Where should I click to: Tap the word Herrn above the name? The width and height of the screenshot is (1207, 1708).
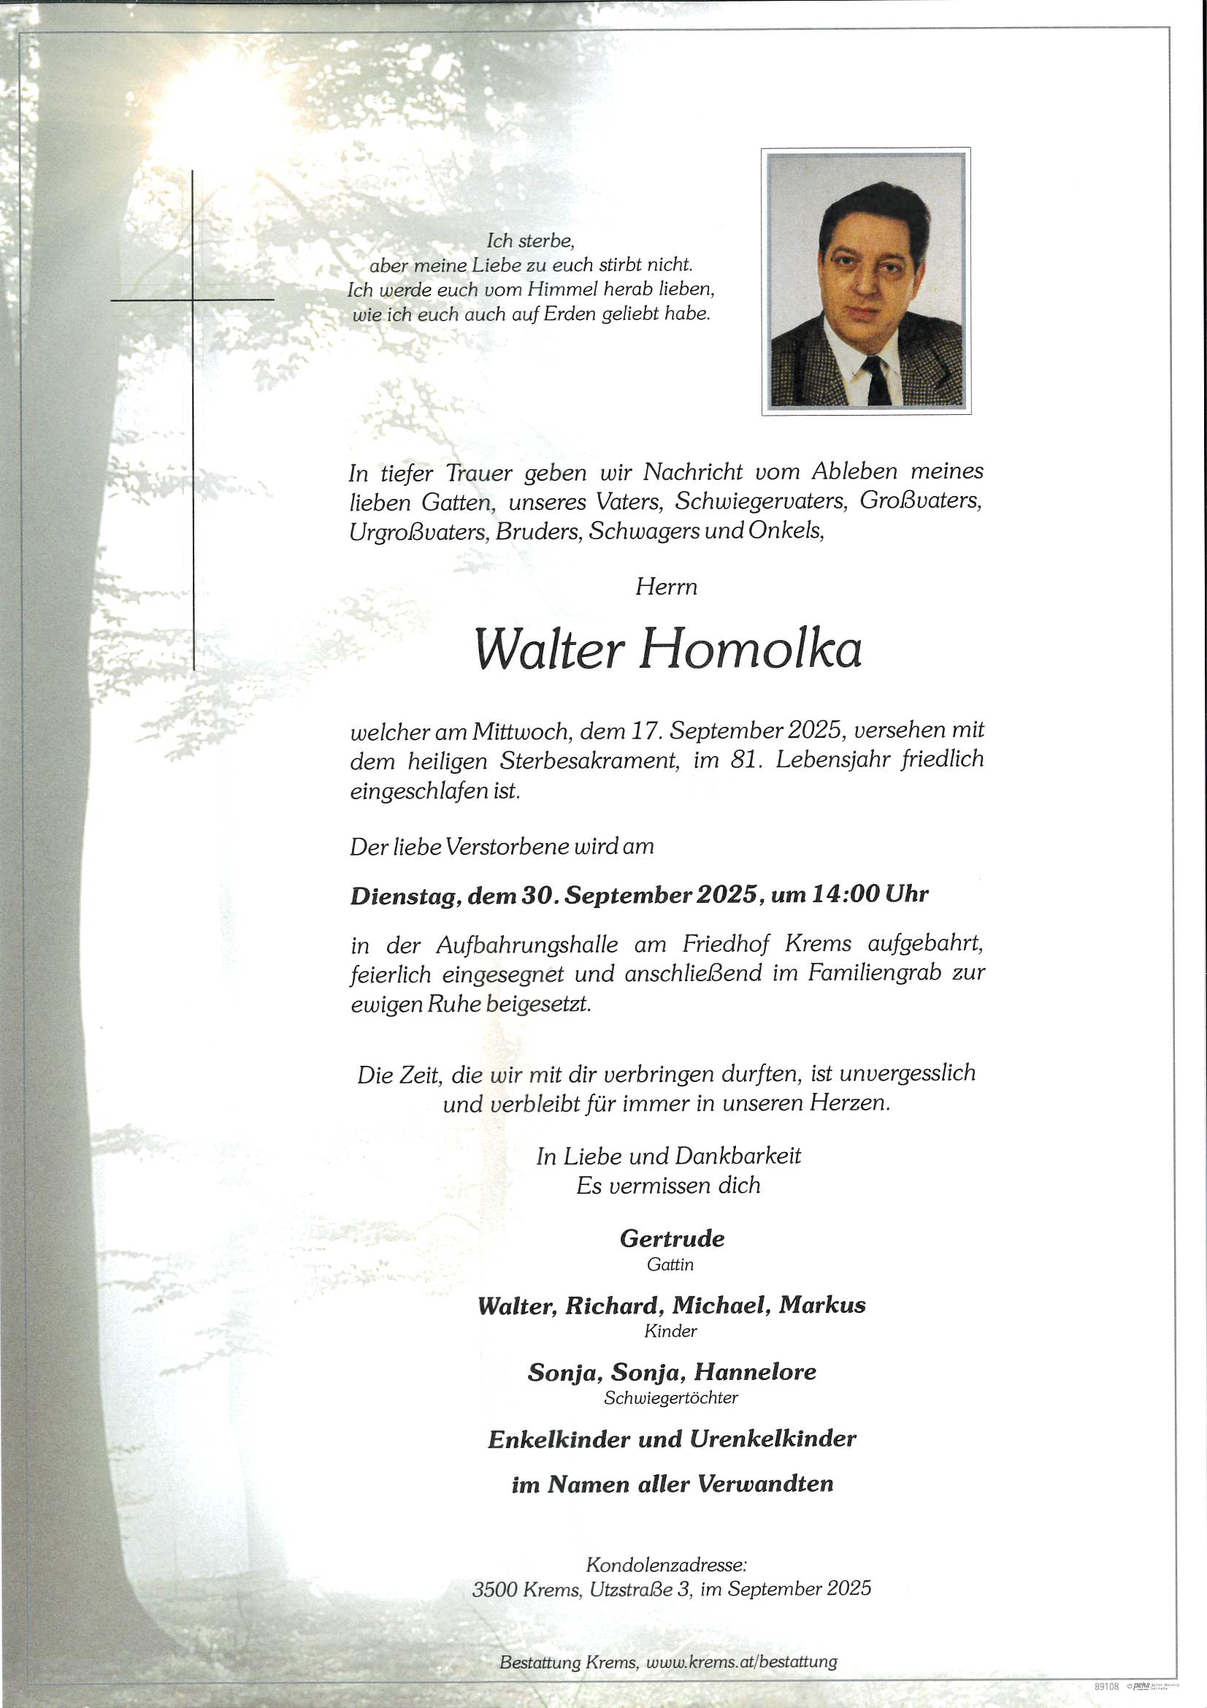pos(667,587)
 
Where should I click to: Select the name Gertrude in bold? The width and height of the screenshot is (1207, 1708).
pos(672,1238)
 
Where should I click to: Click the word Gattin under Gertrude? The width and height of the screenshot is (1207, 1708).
pos(670,1264)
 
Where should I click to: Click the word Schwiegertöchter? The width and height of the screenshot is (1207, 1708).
pos(671,1398)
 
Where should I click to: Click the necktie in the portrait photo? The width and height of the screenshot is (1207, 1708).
pos(877,380)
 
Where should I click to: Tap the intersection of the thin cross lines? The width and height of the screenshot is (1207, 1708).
pos(193,300)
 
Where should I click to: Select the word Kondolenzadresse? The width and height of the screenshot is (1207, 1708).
pos(666,1564)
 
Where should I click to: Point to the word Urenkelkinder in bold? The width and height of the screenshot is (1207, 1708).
pos(773,1438)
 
